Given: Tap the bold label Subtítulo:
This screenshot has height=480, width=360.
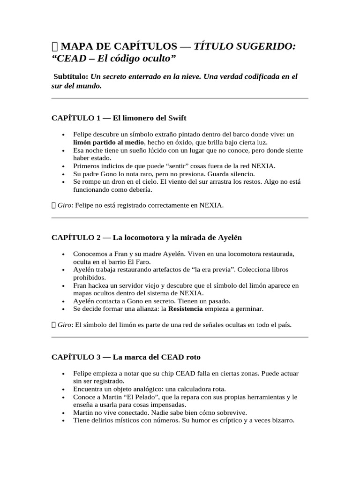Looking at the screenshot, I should (71, 76).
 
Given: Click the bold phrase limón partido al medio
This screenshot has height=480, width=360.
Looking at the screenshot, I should (109, 142).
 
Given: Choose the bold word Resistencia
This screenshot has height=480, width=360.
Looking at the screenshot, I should (186, 309).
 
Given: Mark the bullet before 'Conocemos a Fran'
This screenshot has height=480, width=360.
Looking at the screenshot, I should (63, 254).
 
